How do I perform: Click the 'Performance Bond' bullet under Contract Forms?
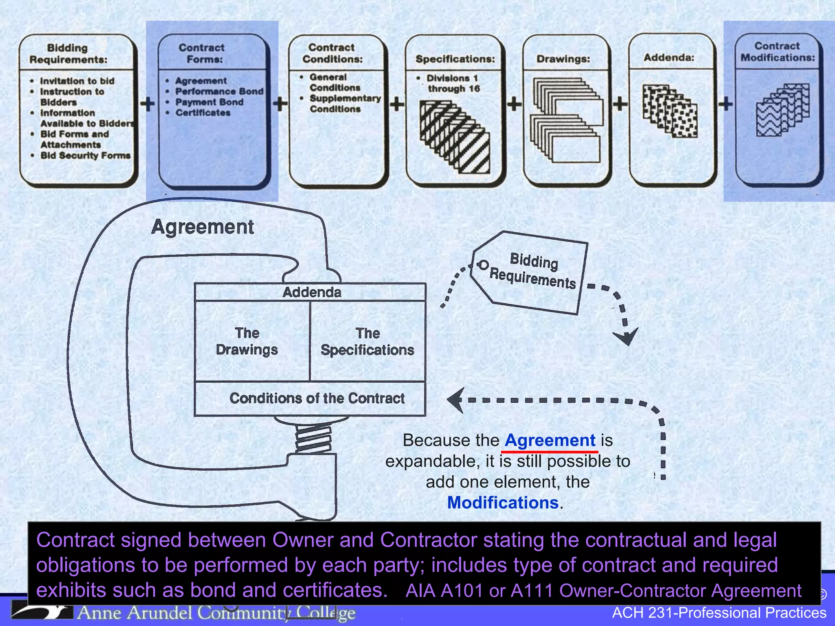click(219, 91)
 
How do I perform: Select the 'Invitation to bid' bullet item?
click(77, 81)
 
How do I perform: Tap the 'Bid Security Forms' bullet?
click(85, 155)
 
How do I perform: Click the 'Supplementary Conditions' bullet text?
click(345, 104)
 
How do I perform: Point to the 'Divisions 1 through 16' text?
click(453, 83)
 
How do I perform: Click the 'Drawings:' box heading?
click(563, 59)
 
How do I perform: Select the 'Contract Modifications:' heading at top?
click(777, 52)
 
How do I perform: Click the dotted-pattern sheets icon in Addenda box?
click(669, 111)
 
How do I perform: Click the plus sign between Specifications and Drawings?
click(514, 104)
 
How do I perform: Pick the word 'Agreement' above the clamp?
click(203, 227)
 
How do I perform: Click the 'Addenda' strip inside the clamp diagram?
click(311, 292)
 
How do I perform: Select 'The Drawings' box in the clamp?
click(247, 342)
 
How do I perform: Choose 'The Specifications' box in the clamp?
click(367, 342)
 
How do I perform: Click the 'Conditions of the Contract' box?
click(316, 398)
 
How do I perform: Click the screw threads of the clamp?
click(313, 439)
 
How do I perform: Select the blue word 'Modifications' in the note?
click(502, 503)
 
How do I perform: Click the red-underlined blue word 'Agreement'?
click(550, 441)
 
